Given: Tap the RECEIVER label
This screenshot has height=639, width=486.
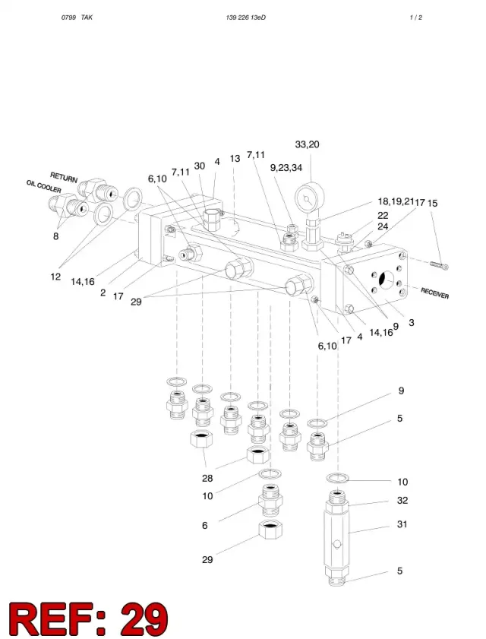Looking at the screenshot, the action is coord(434,293).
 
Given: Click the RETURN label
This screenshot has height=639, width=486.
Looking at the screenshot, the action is coord(64,177).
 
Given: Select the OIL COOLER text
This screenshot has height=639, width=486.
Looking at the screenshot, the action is coord(43,187).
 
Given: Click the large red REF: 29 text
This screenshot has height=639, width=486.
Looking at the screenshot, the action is coord(88,618).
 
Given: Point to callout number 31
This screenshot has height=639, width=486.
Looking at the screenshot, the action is coord(402,524).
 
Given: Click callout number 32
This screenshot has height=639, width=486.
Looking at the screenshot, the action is coord(402,500).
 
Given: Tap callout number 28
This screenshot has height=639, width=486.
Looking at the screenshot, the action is coord(207,478).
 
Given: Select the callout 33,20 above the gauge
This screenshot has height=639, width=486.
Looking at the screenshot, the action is coord(307,144).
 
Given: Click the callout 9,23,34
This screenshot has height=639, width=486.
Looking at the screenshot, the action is coord(286,167).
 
